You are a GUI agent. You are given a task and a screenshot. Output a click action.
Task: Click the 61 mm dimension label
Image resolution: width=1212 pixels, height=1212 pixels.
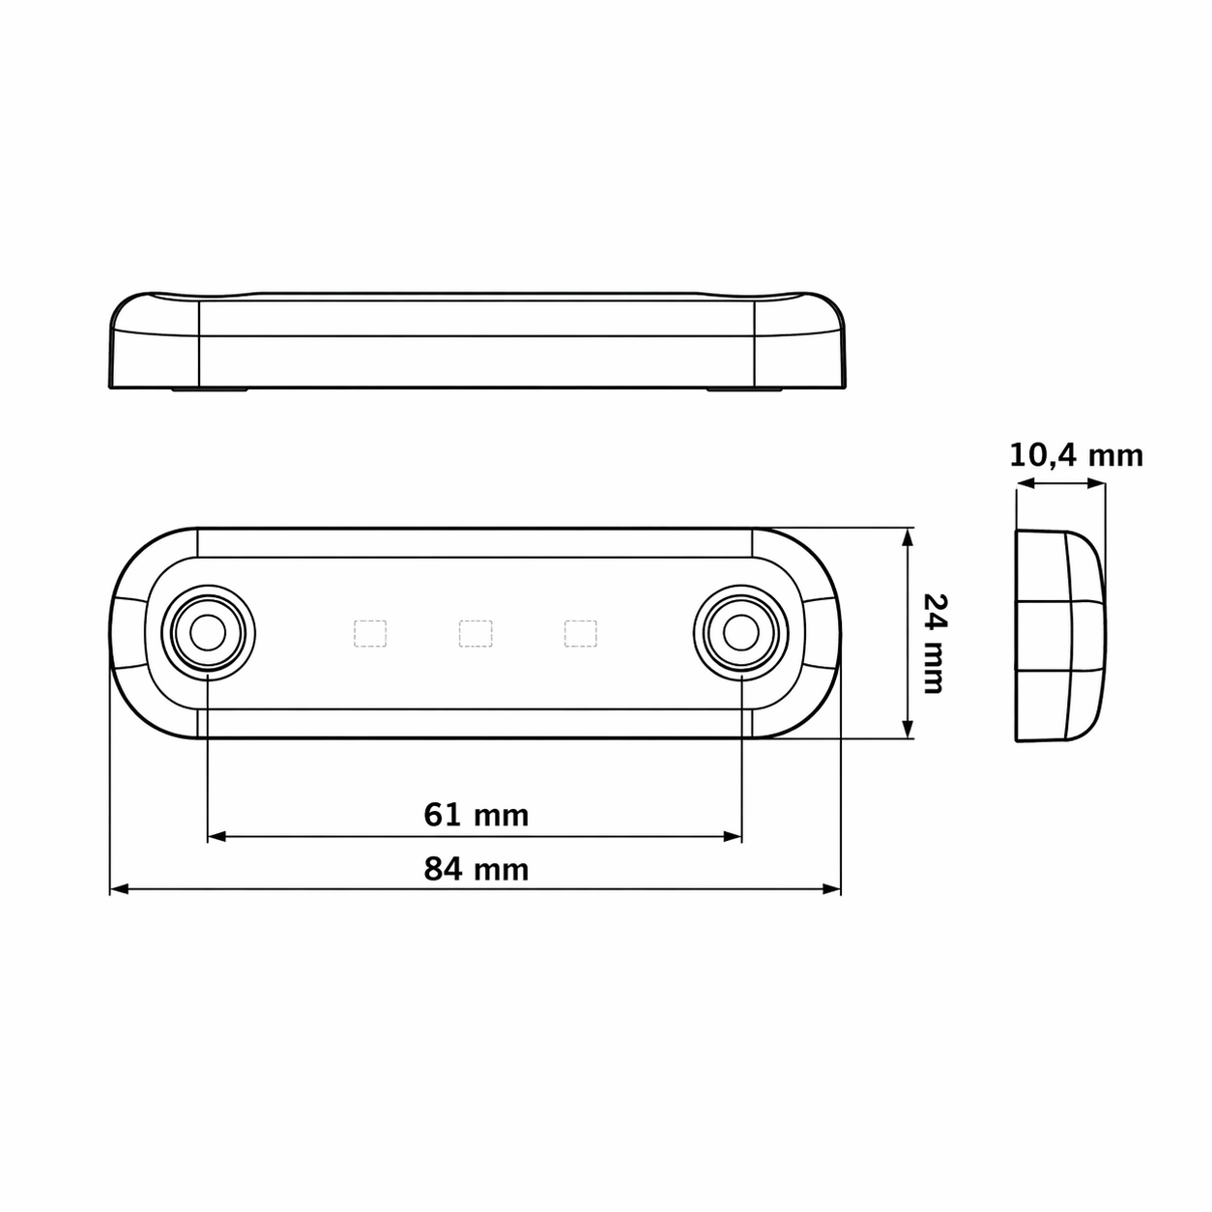[x=476, y=815]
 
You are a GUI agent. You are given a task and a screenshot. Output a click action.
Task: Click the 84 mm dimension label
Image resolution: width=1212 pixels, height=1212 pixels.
[x=476, y=869]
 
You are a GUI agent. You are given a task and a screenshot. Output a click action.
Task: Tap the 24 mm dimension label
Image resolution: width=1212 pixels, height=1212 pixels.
[x=934, y=644]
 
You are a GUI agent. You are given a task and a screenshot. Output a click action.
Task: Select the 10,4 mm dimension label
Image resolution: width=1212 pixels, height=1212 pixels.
[x=1076, y=455]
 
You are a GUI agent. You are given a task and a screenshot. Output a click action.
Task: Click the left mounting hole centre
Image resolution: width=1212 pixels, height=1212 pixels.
[x=208, y=633]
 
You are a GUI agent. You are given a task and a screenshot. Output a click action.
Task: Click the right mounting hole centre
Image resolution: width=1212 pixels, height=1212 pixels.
[x=741, y=633]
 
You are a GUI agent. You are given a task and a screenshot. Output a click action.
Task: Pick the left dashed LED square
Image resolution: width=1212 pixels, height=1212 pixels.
[x=370, y=633]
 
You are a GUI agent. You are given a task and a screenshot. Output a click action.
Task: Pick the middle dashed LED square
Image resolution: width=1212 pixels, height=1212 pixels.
[x=476, y=633]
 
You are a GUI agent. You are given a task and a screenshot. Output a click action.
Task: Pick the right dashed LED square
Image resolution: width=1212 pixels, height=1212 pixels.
[x=581, y=633]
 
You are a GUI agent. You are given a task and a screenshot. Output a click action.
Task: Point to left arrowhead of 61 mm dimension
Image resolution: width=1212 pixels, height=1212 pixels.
[x=216, y=837]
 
